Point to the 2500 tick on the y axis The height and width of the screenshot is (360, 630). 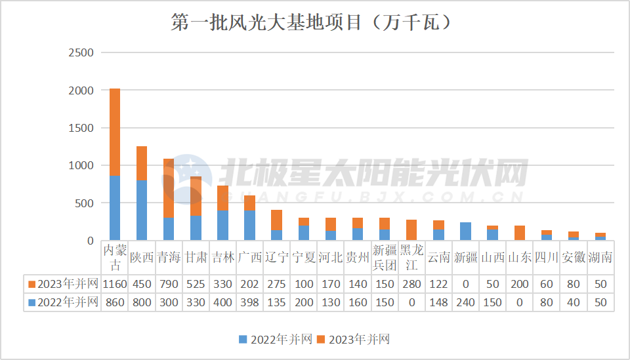[81, 52]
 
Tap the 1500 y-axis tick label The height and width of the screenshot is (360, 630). [81, 128]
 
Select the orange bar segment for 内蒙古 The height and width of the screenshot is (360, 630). [114, 132]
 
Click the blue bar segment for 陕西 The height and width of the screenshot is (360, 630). [141, 210]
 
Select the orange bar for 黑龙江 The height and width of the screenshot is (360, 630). [411, 230]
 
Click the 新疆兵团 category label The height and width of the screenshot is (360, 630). [384, 258]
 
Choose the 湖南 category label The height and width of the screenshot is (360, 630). [600, 258]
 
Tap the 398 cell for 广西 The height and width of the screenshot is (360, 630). [249, 302]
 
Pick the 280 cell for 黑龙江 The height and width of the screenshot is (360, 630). [411, 284]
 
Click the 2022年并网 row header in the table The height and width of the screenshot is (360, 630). [63, 302]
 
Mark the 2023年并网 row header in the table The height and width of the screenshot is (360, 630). [63, 284]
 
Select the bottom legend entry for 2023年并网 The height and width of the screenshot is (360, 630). [354, 339]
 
